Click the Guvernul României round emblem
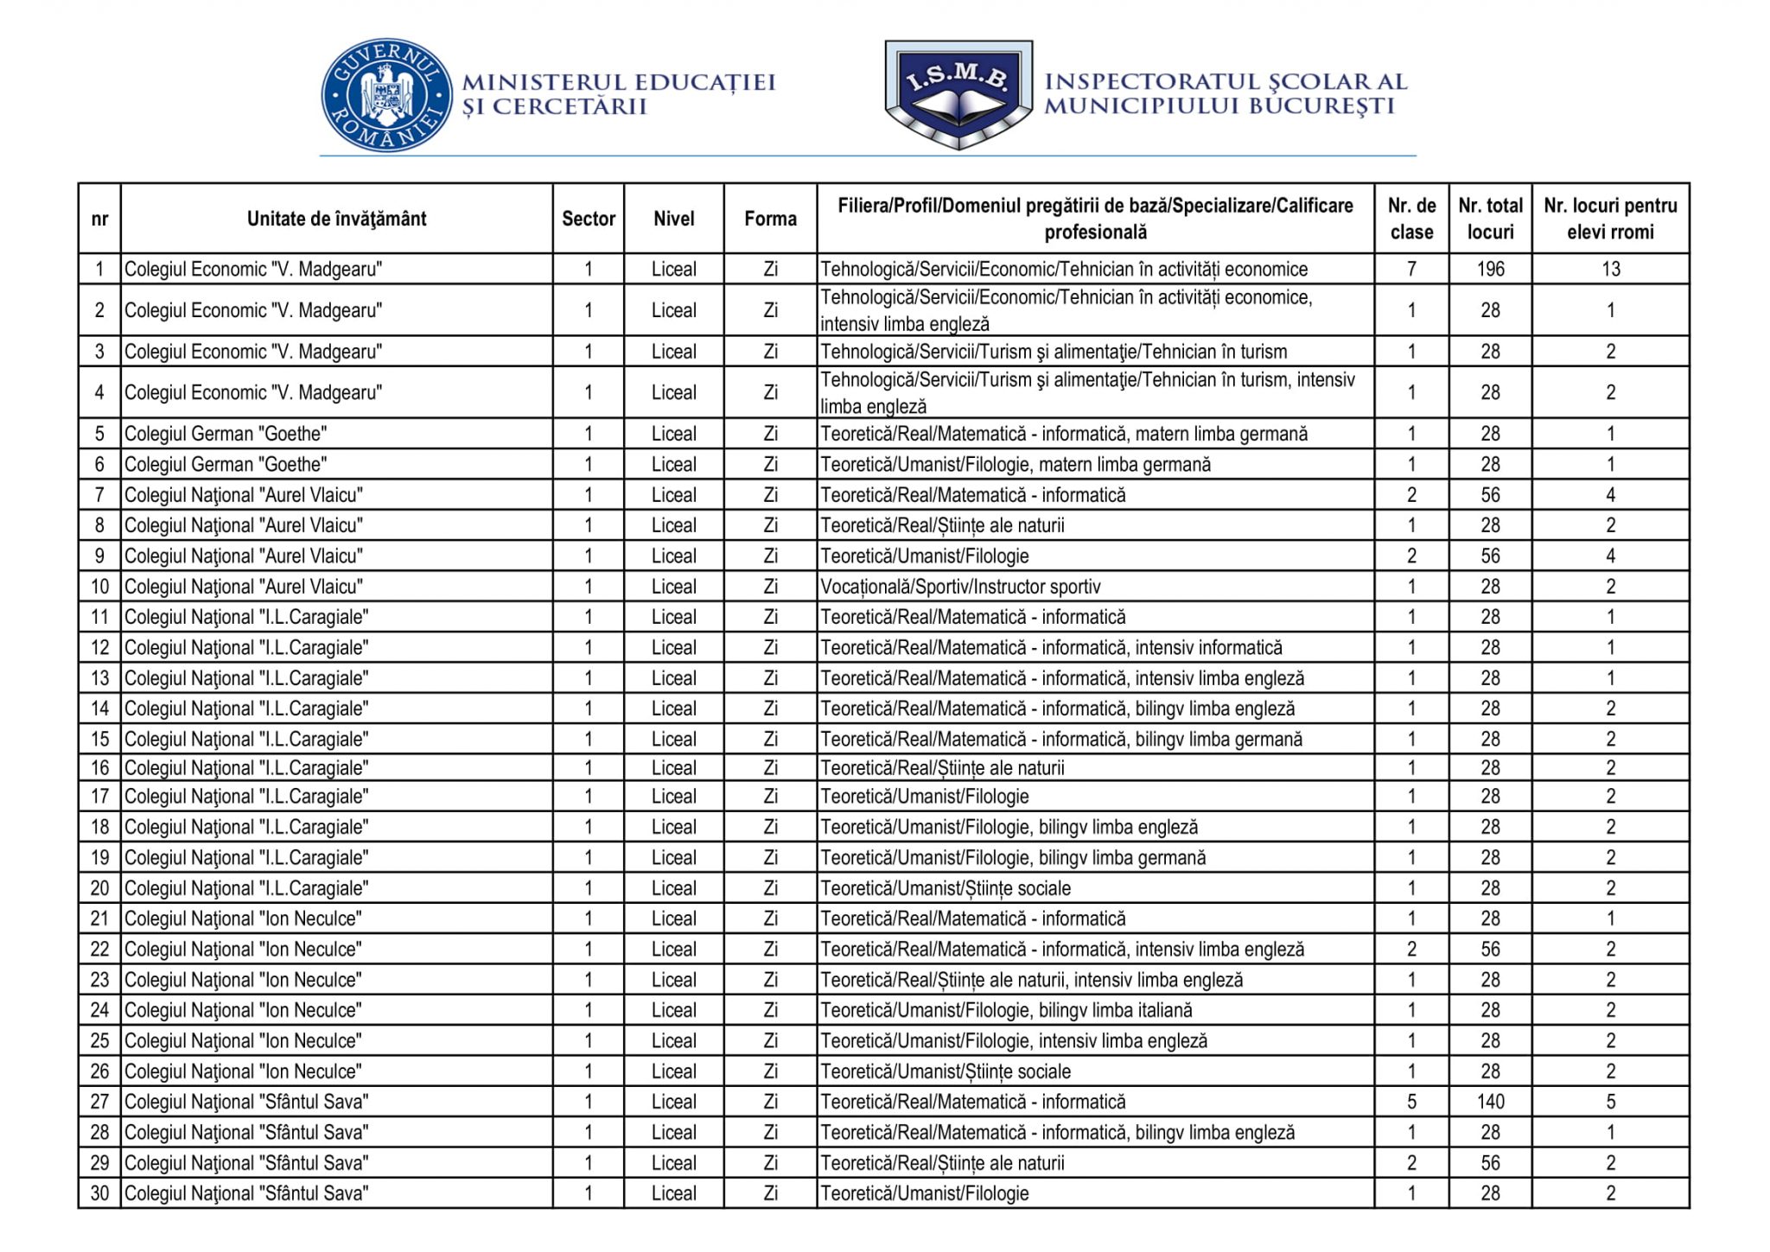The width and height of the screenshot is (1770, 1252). coord(386,96)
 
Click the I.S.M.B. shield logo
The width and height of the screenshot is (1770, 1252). coord(958,93)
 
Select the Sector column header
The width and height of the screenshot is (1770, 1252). coord(588,219)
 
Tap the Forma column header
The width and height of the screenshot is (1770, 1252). coord(770,219)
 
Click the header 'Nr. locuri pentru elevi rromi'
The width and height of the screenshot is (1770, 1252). coord(1609,219)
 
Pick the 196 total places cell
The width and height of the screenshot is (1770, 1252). coord(1490,269)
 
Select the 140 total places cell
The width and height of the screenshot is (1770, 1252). coord(1490,1102)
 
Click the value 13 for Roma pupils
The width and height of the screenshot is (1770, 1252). coord(1609,269)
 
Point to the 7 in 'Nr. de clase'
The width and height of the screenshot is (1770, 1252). coord(1410,269)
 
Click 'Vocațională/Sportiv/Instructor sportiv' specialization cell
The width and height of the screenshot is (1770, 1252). coord(960,587)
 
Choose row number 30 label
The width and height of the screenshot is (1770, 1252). coord(99,1193)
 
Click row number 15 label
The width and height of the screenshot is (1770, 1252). coord(99,739)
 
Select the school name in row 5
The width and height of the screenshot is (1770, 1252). coord(226,434)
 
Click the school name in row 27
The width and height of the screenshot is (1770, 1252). coord(246,1102)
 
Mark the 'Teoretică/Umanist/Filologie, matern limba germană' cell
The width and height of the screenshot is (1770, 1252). coord(1016,465)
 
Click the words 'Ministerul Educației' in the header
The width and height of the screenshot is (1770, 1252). coord(619,82)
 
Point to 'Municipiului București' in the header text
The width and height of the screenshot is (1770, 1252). coord(1219,106)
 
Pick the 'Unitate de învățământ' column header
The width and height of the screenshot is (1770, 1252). coord(336,219)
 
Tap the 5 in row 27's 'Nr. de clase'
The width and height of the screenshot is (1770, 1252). coord(1410,1102)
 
